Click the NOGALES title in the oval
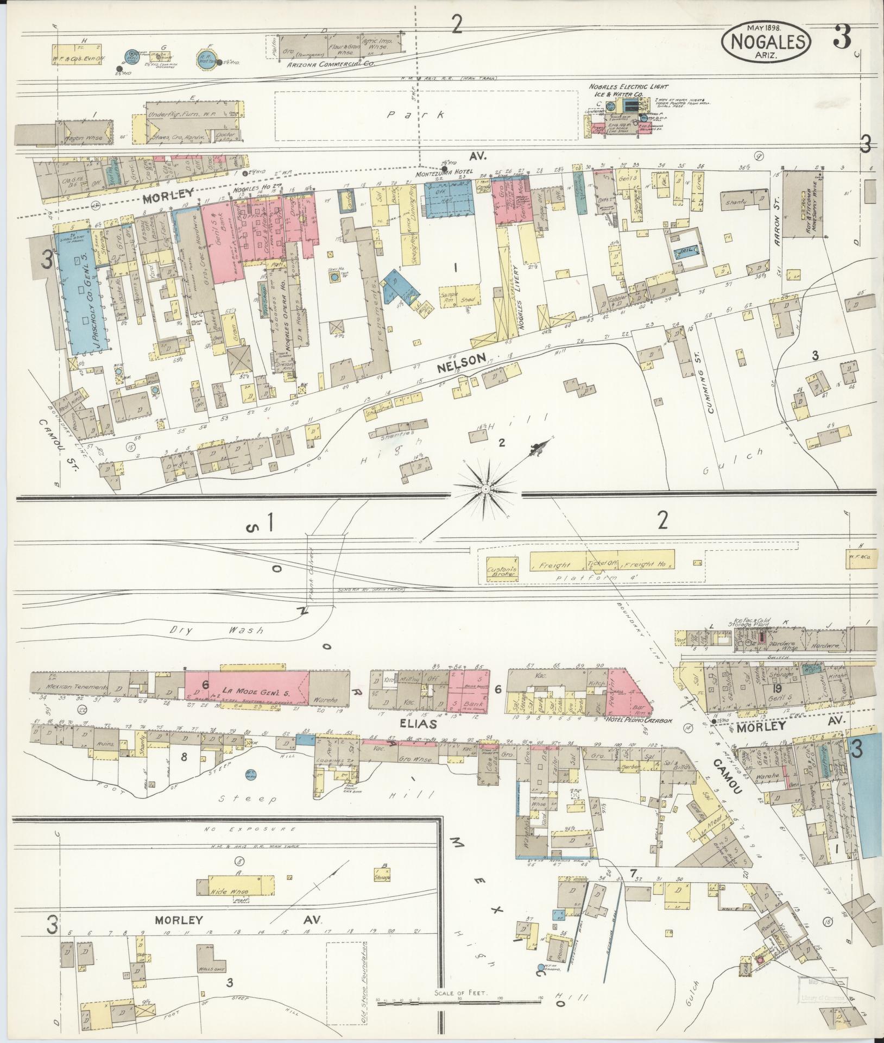[x=766, y=40]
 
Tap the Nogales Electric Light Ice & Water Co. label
[x=622, y=90]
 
